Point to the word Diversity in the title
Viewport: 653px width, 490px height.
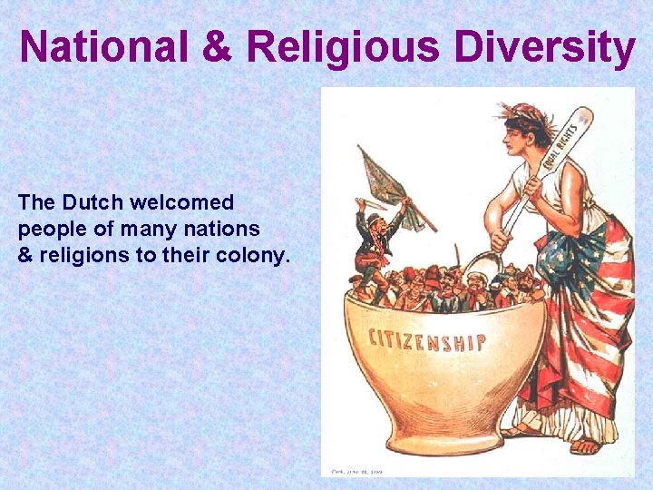pyautogui.click(x=544, y=49)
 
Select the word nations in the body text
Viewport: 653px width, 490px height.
pyautogui.click(x=228, y=229)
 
